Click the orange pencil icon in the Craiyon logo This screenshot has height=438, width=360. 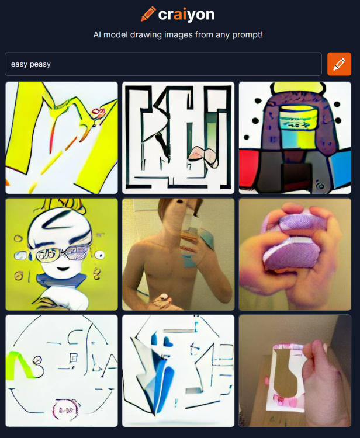coord(148,13)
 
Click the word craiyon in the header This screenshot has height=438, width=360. coord(186,14)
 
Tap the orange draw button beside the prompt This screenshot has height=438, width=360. coord(339,64)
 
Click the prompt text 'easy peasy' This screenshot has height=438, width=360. coord(31,64)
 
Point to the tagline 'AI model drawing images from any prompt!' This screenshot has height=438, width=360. coord(178,35)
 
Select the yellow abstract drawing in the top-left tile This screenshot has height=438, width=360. coord(61,138)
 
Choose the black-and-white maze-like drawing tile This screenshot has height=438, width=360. coord(178,138)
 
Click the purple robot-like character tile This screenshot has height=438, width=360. coord(295,138)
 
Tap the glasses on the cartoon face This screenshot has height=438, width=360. coord(62,252)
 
